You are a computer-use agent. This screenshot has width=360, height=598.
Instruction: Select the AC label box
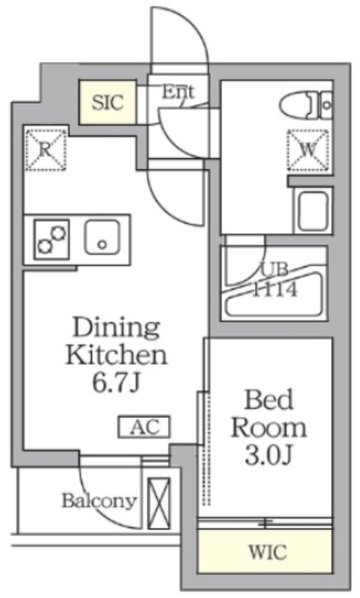[143, 427]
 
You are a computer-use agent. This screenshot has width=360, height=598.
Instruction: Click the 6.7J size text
[116, 382]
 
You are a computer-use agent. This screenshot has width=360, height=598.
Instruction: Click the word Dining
[117, 329]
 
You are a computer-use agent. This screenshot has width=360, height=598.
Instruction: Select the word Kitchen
[116, 355]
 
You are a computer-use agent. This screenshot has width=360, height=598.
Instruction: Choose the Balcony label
[99, 500]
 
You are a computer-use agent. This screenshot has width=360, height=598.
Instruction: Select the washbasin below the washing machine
[310, 210]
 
